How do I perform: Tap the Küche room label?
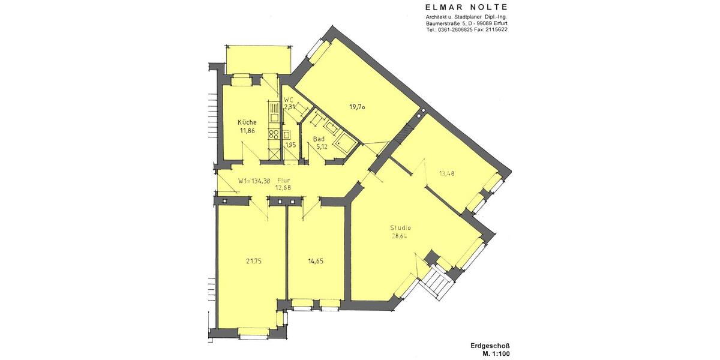(x=247, y=122)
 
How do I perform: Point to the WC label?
(x=288, y=100)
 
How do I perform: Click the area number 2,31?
(x=289, y=107)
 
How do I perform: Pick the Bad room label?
(x=319, y=139)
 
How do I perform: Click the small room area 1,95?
(x=290, y=145)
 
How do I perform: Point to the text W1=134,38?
(x=254, y=181)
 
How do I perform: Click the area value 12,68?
(x=283, y=188)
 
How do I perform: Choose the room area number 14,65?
(x=314, y=261)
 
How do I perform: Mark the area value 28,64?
(x=400, y=236)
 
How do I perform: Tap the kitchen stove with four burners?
(x=274, y=134)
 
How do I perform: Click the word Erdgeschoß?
(x=490, y=346)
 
